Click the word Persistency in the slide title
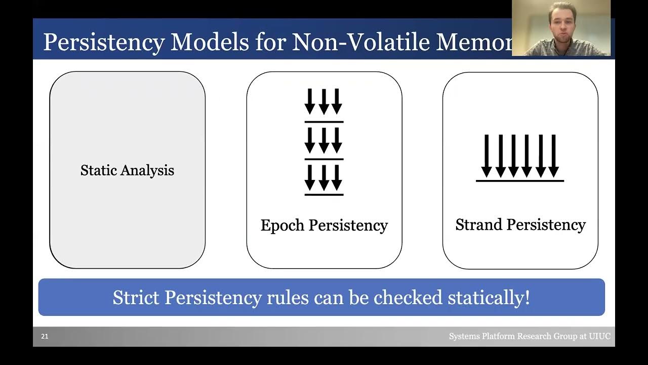(104, 43)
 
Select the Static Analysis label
(127, 170)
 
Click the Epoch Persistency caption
(324, 225)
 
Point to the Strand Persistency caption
(520, 225)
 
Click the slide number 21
(45, 337)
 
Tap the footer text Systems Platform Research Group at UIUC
(530, 337)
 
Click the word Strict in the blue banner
(136, 297)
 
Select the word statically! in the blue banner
(489, 297)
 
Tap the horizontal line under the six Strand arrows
(520, 180)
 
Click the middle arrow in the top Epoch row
(323, 101)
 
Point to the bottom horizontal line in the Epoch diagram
(324, 195)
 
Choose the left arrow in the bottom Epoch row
(310, 178)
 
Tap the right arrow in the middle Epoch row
(337, 140)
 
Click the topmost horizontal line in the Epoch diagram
(324, 122)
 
